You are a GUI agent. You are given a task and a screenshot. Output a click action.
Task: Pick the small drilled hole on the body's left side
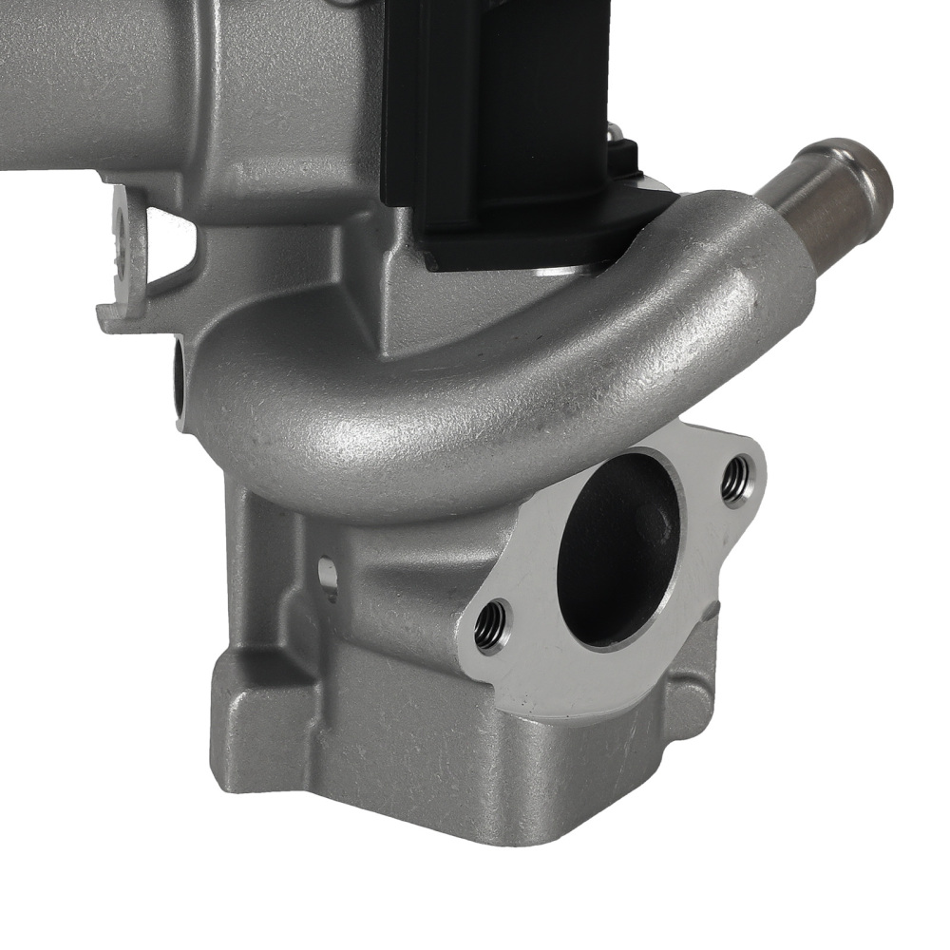[327, 576]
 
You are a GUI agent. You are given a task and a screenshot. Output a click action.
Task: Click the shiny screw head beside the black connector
[616, 133]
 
